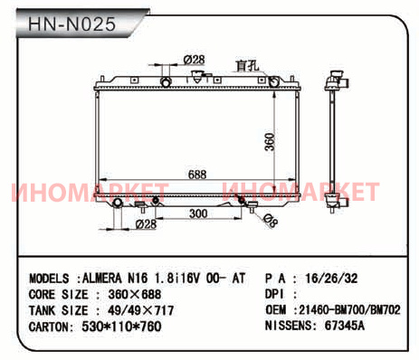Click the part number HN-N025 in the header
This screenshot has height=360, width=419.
click(x=71, y=24)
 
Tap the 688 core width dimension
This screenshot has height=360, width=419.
click(x=197, y=175)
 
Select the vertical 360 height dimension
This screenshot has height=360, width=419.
click(x=270, y=141)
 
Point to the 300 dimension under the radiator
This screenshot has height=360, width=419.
click(x=198, y=213)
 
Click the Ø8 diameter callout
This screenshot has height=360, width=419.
click(x=270, y=221)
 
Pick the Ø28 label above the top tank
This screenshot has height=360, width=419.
click(x=194, y=60)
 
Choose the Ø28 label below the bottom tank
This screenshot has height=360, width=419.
click(x=146, y=224)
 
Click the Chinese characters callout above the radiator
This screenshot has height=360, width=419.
click(x=247, y=66)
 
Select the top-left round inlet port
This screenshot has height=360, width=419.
click(x=166, y=82)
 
